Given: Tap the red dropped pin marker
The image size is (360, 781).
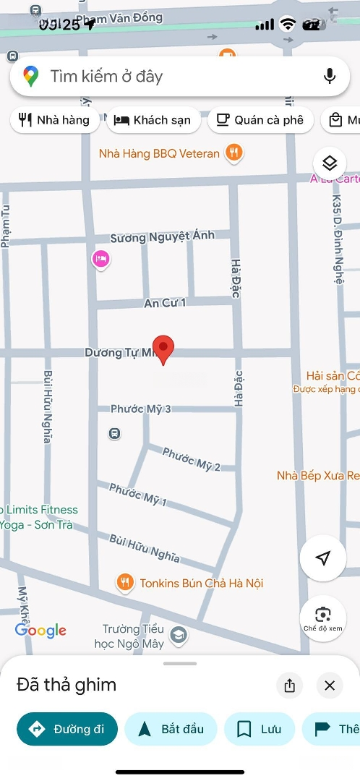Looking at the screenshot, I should click(164, 349).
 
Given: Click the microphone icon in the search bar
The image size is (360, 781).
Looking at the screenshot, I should click(330, 76).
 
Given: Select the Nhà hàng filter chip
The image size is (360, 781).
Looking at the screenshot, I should click(55, 120).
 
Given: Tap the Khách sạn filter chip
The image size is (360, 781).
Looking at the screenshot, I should click(153, 120).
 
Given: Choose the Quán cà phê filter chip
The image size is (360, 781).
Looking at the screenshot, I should click(260, 120).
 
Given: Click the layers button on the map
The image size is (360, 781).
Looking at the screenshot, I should click(330, 162).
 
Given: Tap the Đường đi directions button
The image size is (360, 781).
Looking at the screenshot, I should click(67, 729).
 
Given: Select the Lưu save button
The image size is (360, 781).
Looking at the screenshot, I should click(260, 729).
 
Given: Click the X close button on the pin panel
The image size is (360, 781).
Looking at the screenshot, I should click(330, 686).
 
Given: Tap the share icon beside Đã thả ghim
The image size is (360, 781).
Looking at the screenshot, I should click(290, 686).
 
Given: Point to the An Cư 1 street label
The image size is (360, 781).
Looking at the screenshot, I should click(166, 303).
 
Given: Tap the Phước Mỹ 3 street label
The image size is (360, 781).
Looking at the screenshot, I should click(140, 409).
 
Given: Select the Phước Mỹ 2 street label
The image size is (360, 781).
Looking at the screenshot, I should click(192, 459).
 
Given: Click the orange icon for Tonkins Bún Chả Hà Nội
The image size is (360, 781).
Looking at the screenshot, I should click(126, 582).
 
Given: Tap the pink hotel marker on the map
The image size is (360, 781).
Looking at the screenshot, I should click(101, 258).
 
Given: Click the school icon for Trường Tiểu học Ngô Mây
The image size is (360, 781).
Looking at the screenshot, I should click(178, 636).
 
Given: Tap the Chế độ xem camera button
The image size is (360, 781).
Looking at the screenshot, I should click(322, 618).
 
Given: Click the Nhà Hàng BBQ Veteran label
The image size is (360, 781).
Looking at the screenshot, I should click(159, 153).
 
